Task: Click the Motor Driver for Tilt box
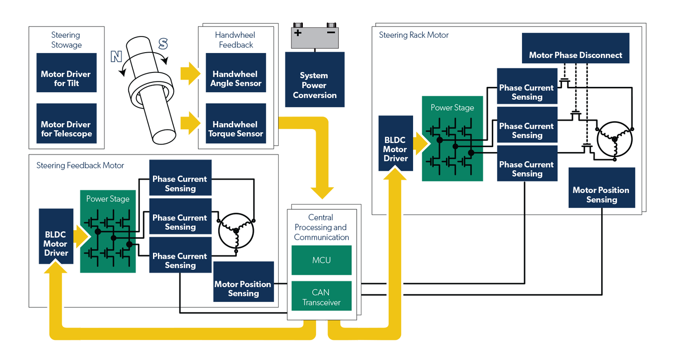[66, 79]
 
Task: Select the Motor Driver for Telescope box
[66, 129]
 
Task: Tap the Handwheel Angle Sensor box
[236, 79]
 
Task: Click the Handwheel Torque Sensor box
[236, 129]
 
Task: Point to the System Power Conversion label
[315, 85]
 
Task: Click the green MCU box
[321, 260]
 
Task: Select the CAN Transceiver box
[321, 297]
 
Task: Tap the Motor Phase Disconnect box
[576, 55]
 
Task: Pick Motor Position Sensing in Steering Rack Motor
[601, 194]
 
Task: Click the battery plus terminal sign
[297, 33]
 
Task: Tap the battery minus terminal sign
[331, 33]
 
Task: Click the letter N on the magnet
[116, 56]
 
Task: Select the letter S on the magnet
[163, 44]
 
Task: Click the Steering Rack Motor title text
[414, 35]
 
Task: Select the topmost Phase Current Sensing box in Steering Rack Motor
[526, 92]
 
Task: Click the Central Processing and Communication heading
[321, 227]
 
